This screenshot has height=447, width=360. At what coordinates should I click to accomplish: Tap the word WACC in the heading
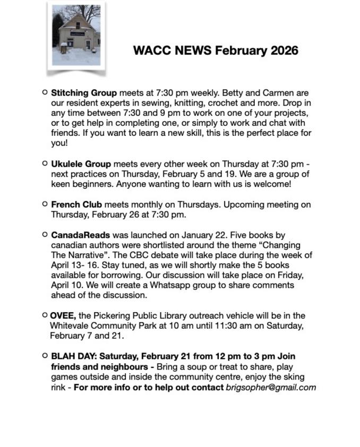(150, 50)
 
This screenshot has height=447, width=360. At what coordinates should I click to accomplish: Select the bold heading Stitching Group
(84, 93)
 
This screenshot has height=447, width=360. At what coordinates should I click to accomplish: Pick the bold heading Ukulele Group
(81, 164)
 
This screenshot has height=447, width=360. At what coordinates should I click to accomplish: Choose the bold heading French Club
(76, 204)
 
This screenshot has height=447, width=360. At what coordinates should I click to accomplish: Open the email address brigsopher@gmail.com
(271, 387)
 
